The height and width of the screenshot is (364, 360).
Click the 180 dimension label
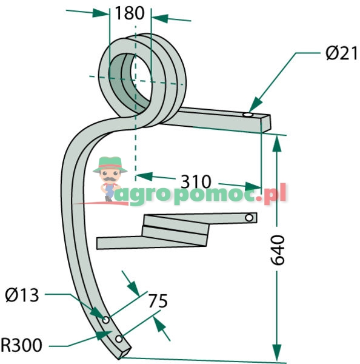[x=130, y=13]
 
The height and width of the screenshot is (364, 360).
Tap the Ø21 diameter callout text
[x=341, y=53]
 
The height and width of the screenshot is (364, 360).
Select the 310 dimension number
[x=196, y=181]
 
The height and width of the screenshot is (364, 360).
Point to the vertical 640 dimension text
[x=278, y=250]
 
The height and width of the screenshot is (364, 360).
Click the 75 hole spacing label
[x=158, y=301]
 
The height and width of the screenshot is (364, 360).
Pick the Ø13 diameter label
[x=22, y=295]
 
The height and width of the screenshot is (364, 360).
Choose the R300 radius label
[x=21, y=345]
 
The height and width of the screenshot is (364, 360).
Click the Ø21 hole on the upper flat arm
[x=248, y=115]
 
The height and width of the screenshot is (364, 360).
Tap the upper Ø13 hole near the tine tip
[x=106, y=320]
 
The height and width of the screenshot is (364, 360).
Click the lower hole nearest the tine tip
[x=119, y=339]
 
